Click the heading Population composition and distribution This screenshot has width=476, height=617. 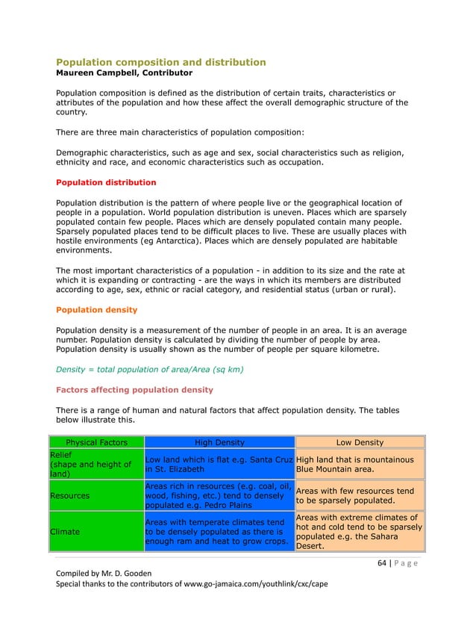click(161, 62)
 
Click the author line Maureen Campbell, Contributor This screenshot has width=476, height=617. click(124, 73)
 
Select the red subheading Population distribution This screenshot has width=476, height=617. click(106, 182)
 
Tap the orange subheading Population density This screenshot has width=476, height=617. click(96, 309)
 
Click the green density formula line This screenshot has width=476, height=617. click(150, 370)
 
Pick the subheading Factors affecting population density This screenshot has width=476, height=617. click(134, 390)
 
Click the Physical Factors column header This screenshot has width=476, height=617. click(95, 442)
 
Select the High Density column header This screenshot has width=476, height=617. click(219, 442)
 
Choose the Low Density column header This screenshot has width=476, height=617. click(360, 442)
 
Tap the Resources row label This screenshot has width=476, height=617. click(71, 495)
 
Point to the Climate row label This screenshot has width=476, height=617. click(65, 531)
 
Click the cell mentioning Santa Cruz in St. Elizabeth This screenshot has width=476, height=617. click(219, 464)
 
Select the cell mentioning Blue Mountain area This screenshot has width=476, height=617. click(360, 464)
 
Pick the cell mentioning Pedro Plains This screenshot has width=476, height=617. click(219, 495)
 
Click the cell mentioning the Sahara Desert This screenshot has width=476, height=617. click(360, 531)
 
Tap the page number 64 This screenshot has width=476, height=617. click(381, 563)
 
